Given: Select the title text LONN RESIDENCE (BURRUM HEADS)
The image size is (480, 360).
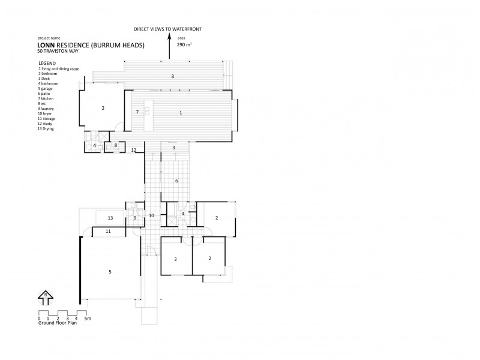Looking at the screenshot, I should click(91, 45).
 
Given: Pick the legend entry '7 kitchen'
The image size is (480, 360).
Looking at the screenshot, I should click(47, 99).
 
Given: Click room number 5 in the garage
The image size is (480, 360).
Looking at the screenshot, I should click(110, 272).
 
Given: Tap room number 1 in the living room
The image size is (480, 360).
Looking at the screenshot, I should click(180, 112).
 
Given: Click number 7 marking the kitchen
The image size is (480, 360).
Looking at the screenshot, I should click(137, 112).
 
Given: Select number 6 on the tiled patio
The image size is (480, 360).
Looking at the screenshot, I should click(176, 180).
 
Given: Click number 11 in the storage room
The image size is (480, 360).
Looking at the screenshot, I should click(109, 231).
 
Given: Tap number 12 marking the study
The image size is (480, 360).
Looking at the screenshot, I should click(134, 150).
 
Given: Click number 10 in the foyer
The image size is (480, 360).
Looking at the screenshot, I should click(151, 215).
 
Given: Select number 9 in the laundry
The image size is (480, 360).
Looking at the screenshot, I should click(135, 218).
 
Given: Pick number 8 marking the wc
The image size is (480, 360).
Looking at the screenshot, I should click(116, 145).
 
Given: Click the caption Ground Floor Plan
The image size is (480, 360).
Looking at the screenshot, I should click(58, 324).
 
